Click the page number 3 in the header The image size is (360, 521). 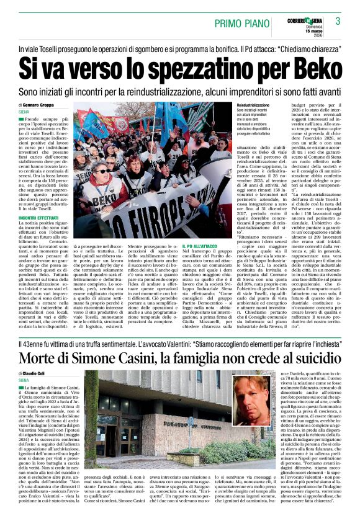338,21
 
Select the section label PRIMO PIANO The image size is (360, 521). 242,23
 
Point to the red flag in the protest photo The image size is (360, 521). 90,118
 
